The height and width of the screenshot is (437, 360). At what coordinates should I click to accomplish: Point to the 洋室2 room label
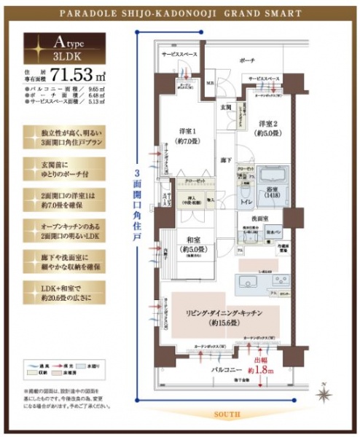point(265,127)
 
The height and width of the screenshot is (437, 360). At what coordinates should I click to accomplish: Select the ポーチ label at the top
point(247,61)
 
